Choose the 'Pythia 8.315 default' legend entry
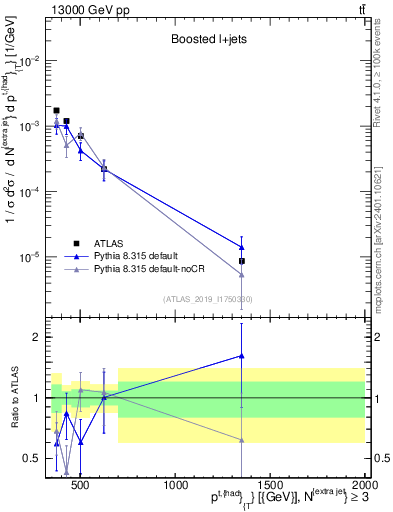145,256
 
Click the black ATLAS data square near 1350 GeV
242,261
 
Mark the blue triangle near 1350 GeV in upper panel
242,247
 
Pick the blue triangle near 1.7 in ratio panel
242,355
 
